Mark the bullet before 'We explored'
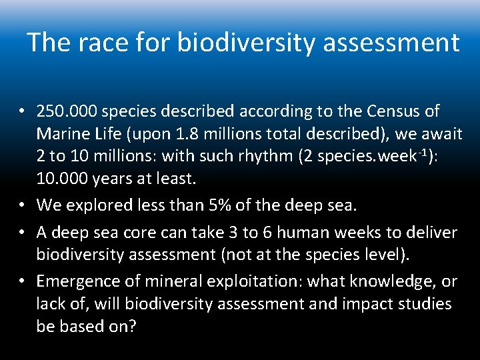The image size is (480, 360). coord(23,205)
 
